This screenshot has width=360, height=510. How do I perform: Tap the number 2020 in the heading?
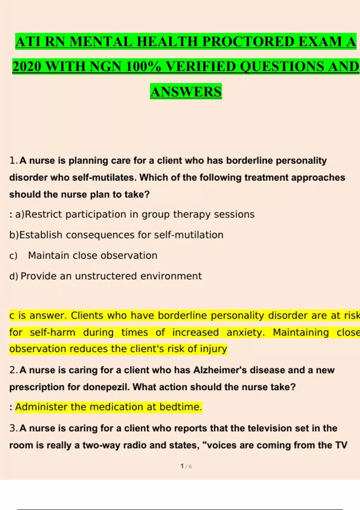point(27,67)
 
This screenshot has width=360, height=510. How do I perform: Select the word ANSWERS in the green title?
point(186,92)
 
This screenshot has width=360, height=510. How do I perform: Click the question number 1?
point(13,160)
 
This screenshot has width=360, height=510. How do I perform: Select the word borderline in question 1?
point(249,160)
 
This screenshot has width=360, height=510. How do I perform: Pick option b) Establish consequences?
point(116,235)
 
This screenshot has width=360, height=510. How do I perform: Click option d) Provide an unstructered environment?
point(106,276)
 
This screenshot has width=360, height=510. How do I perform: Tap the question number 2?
point(13,370)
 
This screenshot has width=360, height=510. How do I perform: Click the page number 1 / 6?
point(186,466)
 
